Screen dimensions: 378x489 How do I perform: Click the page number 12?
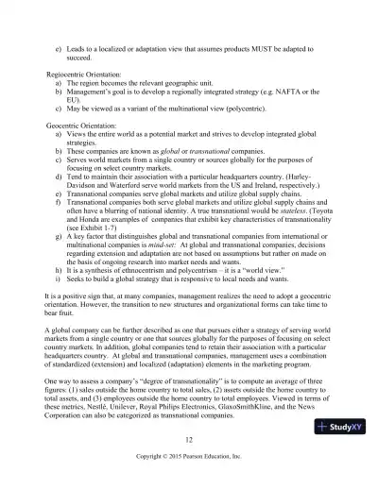point(189,439)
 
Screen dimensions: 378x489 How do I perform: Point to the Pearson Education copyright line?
point(189,457)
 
